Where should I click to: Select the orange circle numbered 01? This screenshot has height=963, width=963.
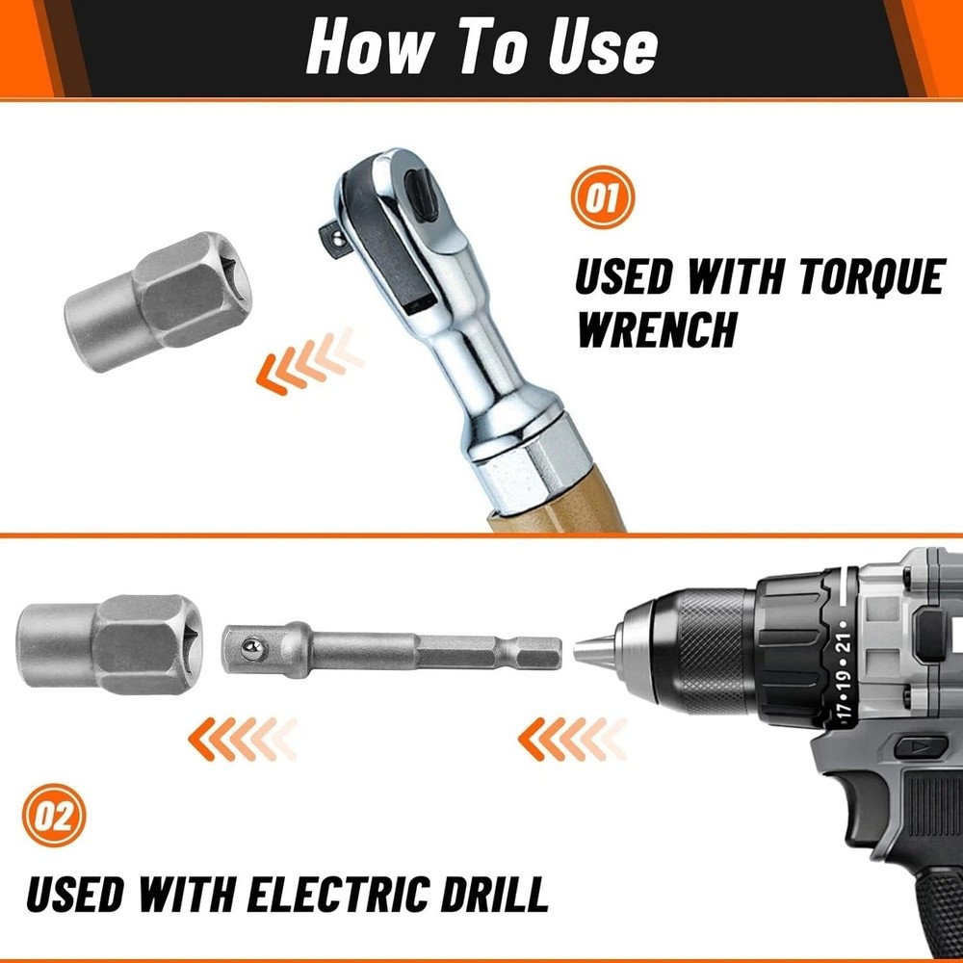(x=602, y=198)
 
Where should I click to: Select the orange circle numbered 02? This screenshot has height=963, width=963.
(x=54, y=817)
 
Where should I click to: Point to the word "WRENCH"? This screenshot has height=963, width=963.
(x=655, y=329)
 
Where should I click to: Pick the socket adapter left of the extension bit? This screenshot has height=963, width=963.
(x=110, y=645)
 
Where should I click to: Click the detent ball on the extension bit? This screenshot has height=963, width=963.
(x=251, y=647)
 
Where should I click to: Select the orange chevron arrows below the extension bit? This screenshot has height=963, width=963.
(x=242, y=739)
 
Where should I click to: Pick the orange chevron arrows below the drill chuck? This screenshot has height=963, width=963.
(x=572, y=739)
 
